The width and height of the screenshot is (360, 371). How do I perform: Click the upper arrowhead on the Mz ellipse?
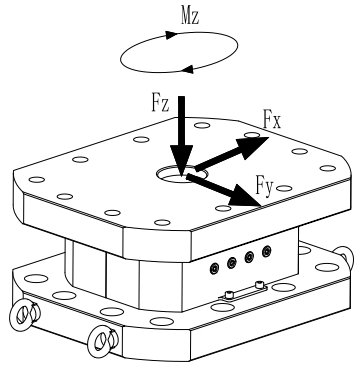pos(171,35)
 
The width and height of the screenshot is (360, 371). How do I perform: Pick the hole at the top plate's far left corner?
pos(37,180)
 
